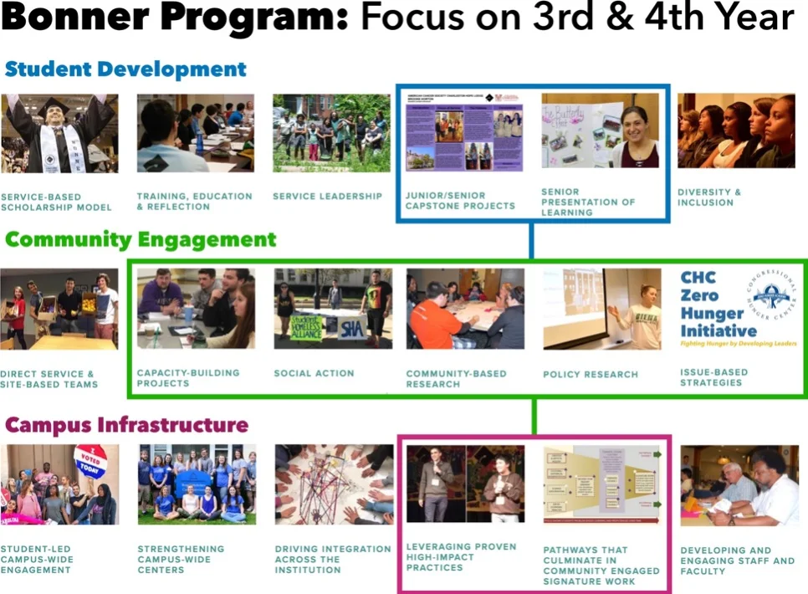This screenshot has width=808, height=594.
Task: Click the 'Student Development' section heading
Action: point(126,69)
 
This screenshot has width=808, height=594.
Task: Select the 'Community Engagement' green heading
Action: point(141,240)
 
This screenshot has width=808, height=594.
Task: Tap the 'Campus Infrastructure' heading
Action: point(127,425)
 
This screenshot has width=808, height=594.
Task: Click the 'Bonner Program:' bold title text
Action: point(175,18)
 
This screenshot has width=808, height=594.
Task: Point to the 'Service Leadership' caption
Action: point(327,197)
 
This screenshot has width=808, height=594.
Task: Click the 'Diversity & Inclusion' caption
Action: point(709,197)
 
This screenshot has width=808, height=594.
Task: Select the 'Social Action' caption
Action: point(314,373)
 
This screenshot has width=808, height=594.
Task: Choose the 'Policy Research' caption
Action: point(591,374)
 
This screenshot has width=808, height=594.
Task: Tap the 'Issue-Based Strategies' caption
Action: point(714,377)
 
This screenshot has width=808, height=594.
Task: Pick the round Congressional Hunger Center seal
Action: point(770,296)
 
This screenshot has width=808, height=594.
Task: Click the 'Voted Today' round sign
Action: point(90,459)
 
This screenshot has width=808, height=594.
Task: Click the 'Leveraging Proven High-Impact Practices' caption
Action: point(461,557)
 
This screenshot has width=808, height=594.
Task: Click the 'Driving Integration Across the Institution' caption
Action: point(333,559)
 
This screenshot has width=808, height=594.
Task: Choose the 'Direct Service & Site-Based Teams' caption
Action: point(49,379)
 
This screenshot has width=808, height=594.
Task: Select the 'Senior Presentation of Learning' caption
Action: point(588,202)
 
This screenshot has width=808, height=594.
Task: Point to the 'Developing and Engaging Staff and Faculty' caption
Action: point(738,561)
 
